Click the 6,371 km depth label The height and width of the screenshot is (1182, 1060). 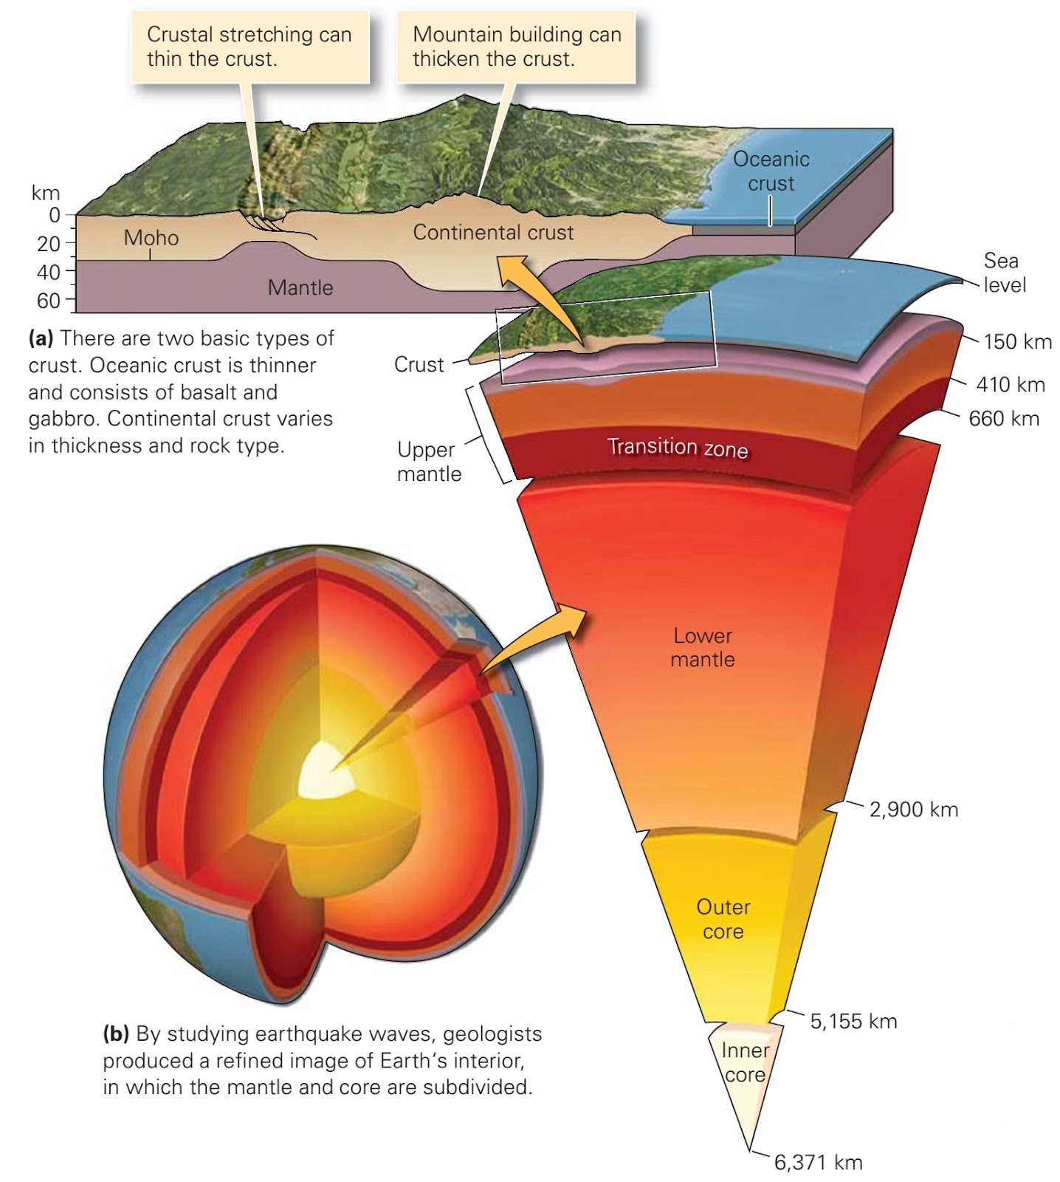(818, 1163)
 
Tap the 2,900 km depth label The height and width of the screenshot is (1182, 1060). (914, 810)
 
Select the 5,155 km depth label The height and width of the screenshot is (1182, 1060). (853, 1022)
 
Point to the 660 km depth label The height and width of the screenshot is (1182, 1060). (1004, 419)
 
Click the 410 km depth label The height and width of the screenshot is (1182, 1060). (1010, 385)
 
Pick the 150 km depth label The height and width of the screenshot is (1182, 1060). (1017, 342)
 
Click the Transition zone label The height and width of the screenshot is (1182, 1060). (677, 448)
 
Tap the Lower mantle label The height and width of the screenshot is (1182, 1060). (703, 648)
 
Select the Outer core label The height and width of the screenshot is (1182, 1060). (723, 919)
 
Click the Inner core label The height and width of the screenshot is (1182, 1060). (745, 1062)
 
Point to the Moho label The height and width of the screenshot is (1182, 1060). (151, 238)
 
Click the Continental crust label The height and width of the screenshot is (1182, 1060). (493, 233)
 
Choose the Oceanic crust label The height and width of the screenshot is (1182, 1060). (771, 171)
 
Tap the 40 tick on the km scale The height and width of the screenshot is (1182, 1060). (49, 272)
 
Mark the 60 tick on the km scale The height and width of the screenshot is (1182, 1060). (49, 301)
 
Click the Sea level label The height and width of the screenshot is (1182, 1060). (1004, 273)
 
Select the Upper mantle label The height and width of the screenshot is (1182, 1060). (429, 462)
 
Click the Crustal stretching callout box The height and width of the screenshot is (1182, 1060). (249, 47)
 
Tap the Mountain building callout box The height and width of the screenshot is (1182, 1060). (517, 47)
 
